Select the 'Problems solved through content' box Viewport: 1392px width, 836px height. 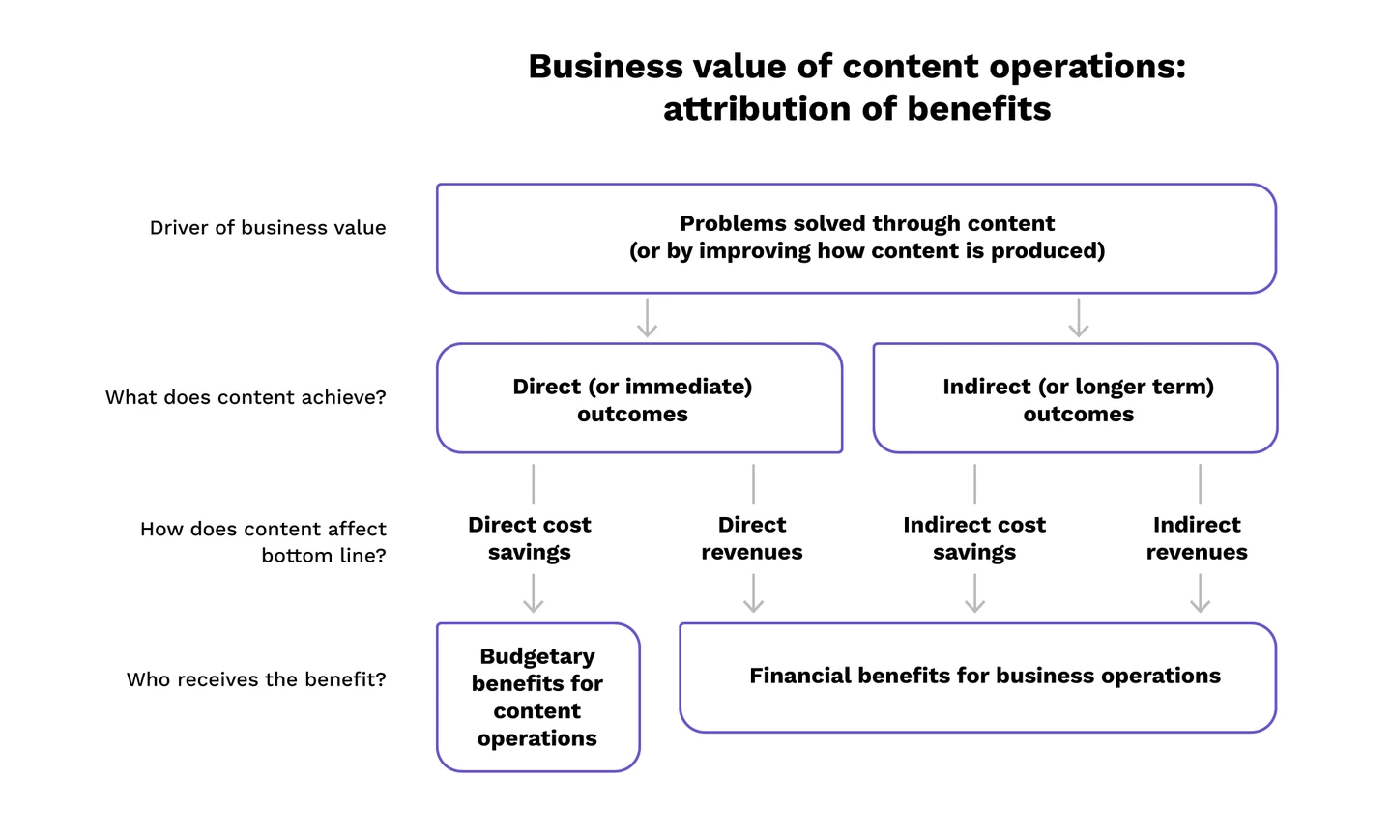coord(856,238)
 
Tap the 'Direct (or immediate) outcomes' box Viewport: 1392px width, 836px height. coord(639,398)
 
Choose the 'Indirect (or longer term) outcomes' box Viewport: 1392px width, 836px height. coord(1075,398)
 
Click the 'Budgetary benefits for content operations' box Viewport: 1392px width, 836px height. coord(537,697)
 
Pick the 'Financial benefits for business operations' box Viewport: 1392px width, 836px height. coord(977,677)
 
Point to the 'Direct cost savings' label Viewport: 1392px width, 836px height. coord(530,538)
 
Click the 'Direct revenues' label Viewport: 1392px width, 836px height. coord(752,538)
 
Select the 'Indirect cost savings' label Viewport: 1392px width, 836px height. coord(974,538)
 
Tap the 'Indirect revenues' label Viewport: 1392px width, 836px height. coord(1197,538)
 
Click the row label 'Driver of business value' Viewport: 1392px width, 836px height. coord(268,228)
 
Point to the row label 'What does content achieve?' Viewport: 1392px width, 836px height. coord(246,397)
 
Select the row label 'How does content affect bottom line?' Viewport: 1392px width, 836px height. coord(263,542)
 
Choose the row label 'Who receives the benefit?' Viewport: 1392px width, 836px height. coord(256,679)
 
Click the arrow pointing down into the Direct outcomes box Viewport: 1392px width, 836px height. coord(648,318)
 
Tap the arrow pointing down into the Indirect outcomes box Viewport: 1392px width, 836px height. coord(1079,318)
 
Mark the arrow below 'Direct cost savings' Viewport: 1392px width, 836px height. coord(534,593)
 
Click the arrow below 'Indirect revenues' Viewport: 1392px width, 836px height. coord(1200,593)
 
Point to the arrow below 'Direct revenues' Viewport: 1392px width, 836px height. coord(753,593)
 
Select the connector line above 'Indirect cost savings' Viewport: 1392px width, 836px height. coord(975,484)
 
